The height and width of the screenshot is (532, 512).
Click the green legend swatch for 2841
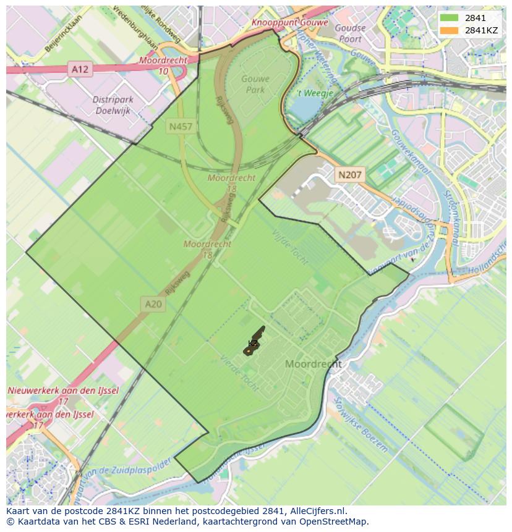(450, 18)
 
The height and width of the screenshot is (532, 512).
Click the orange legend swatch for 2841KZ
(450, 30)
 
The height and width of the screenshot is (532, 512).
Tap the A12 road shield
(80, 70)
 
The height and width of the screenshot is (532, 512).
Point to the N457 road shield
(180, 127)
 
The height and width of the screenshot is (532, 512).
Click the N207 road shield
(350, 175)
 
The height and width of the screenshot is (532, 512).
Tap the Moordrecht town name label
(313, 364)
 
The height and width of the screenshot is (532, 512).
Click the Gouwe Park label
(253, 85)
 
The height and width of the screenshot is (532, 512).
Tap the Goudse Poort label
(350, 33)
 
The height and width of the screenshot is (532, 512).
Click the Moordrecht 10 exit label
(163, 66)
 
